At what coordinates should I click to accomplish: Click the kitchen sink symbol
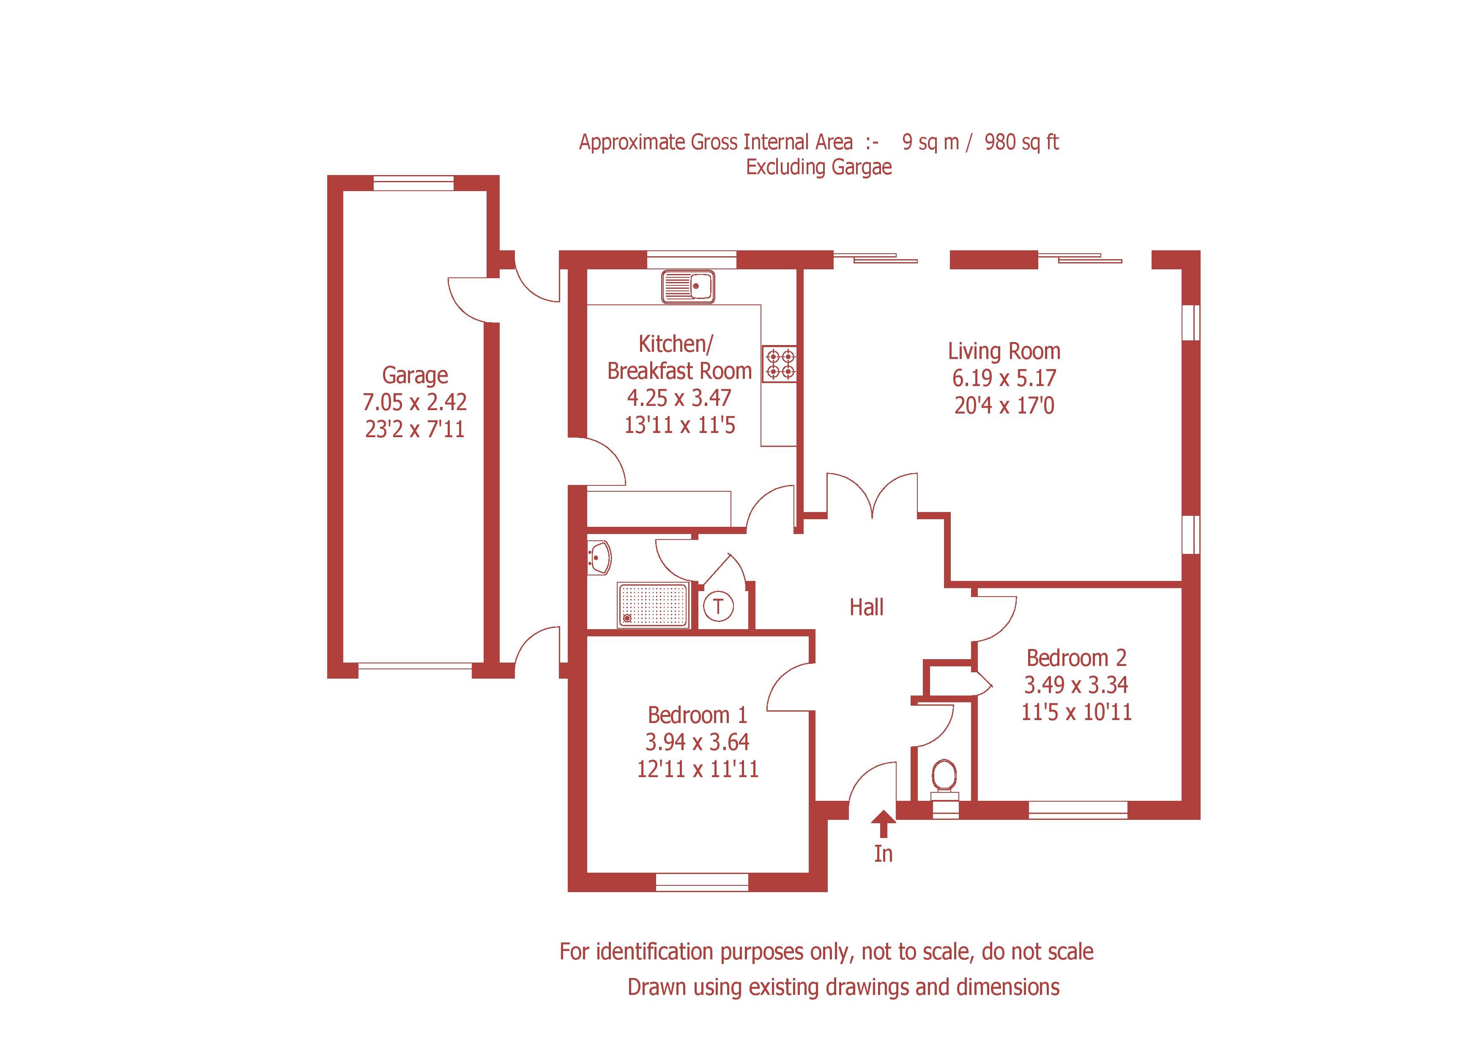click(x=688, y=286)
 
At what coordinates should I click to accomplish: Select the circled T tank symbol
click(x=718, y=607)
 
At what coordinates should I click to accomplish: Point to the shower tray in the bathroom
click(x=653, y=605)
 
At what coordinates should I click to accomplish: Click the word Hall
click(x=866, y=607)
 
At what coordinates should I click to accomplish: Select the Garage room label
click(x=415, y=375)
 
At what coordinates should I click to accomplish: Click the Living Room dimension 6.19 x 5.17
click(x=1004, y=378)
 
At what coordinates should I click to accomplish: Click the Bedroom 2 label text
click(x=1076, y=657)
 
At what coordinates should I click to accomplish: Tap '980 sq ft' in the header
click(x=1021, y=142)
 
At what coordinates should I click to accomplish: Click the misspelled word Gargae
click(x=861, y=167)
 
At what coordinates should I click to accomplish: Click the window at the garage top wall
click(x=413, y=184)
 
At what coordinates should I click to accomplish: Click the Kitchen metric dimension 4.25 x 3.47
click(x=679, y=398)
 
